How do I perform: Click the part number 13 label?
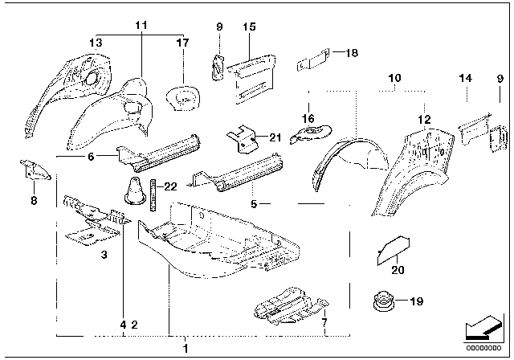[x=96, y=42]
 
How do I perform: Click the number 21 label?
[x=275, y=137]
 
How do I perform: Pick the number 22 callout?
[x=170, y=186]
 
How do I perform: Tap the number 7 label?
[x=324, y=324]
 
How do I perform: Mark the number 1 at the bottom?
[x=186, y=348]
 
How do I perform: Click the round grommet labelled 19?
[x=381, y=303]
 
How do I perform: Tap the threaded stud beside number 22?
[x=150, y=193]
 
